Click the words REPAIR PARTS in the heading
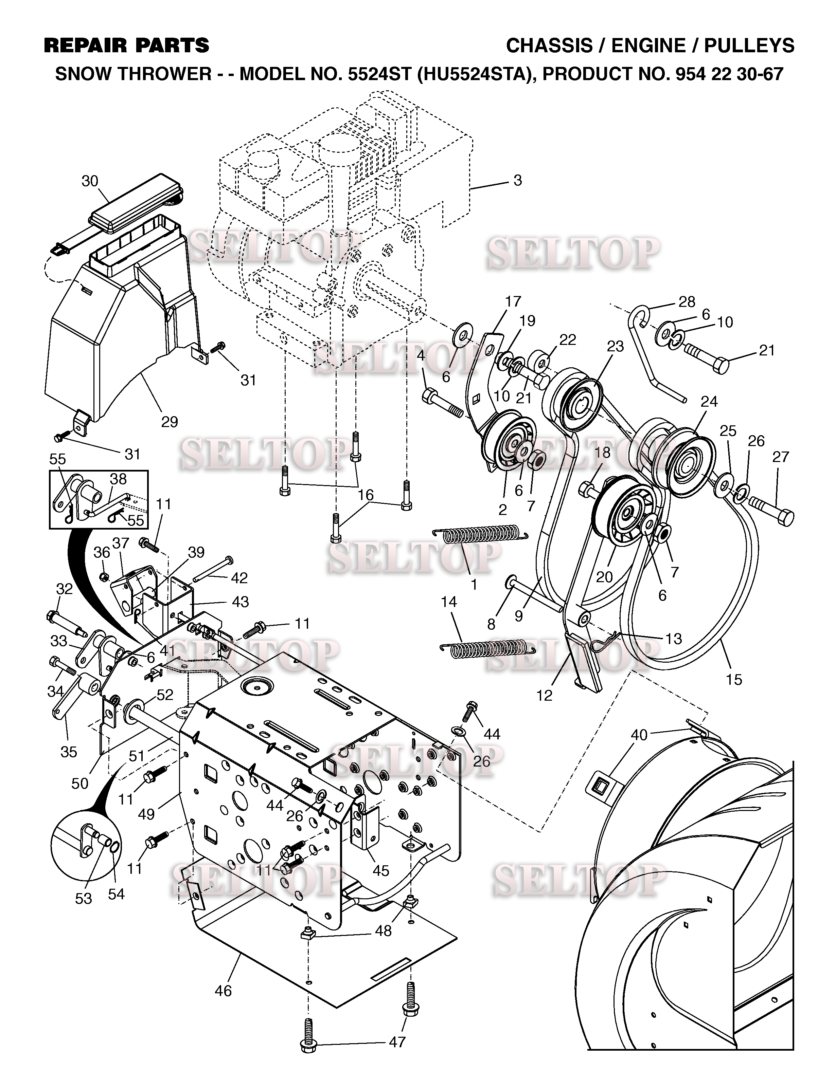[126, 46]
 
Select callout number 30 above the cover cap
[90, 182]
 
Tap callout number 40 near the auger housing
[639, 735]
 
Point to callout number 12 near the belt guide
[545, 695]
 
